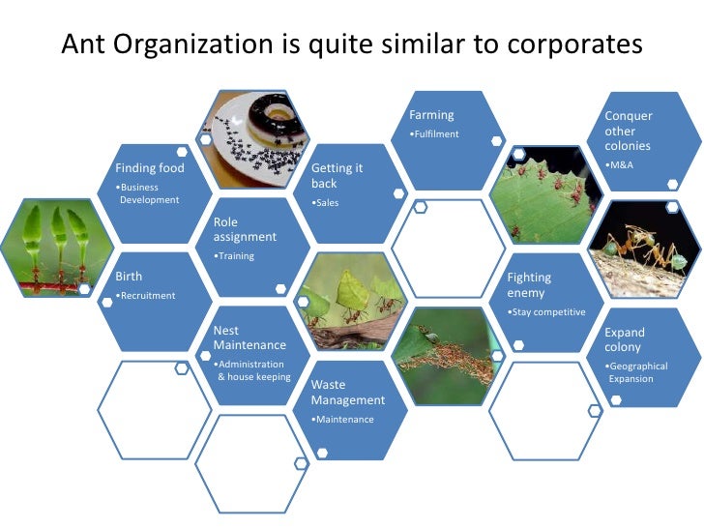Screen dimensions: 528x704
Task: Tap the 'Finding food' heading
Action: point(150,167)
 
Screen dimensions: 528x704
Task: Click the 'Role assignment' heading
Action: point(245,229)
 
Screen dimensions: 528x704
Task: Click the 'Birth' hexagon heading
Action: point(129,276)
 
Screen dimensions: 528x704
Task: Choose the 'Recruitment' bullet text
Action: point(146,295)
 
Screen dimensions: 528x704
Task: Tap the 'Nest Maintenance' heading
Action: point(249,337)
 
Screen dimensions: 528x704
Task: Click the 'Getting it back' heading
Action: point(337,175)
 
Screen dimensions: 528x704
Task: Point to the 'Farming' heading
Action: point(431,115)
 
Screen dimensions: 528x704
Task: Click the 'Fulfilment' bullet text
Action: point(434,133)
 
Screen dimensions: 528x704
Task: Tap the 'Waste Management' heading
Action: point(347,393)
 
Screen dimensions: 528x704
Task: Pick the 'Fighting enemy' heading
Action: point(529,285)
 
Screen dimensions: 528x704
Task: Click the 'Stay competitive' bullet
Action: point(547,312)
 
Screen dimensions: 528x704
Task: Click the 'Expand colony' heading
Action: point(625,339)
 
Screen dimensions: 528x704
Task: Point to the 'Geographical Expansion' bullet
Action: point(631,372)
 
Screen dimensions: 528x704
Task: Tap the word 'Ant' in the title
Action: point(84,45)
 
